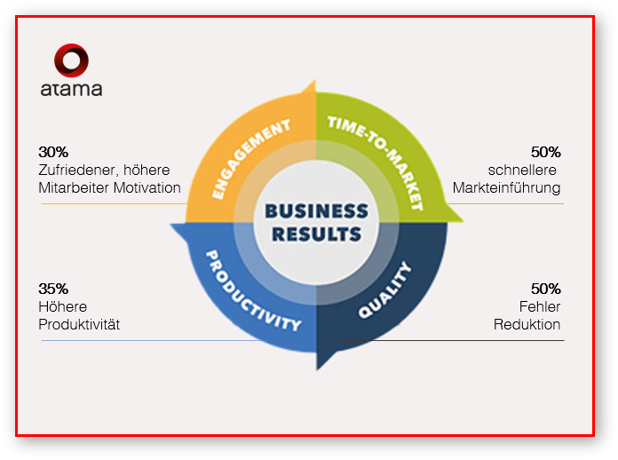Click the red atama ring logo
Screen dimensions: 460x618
(x=71, y=60)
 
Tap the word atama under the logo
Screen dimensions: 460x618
(x=71, y=89)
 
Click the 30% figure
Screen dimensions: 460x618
(x=53, y=152)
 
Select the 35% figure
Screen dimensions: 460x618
(x=53, y=289)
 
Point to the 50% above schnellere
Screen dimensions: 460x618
(x=545, y=152)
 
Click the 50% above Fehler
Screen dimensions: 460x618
(x=545, y=289)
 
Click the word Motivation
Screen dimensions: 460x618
(x=147, y=187)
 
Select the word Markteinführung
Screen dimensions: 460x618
(x=506, y=187)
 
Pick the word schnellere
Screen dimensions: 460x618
(x=523, y=170)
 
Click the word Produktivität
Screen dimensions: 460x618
(x=79, y=324)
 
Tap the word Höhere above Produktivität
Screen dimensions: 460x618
(x=62, y=306)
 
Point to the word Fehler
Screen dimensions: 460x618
(x=540, y=306)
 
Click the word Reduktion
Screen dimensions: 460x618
(x=527, y=324)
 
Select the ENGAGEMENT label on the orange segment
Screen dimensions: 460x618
(x=251, y=158)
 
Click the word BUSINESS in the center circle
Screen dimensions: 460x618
(x=317, y=211)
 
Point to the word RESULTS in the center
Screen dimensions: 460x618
(x=317, y=235)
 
